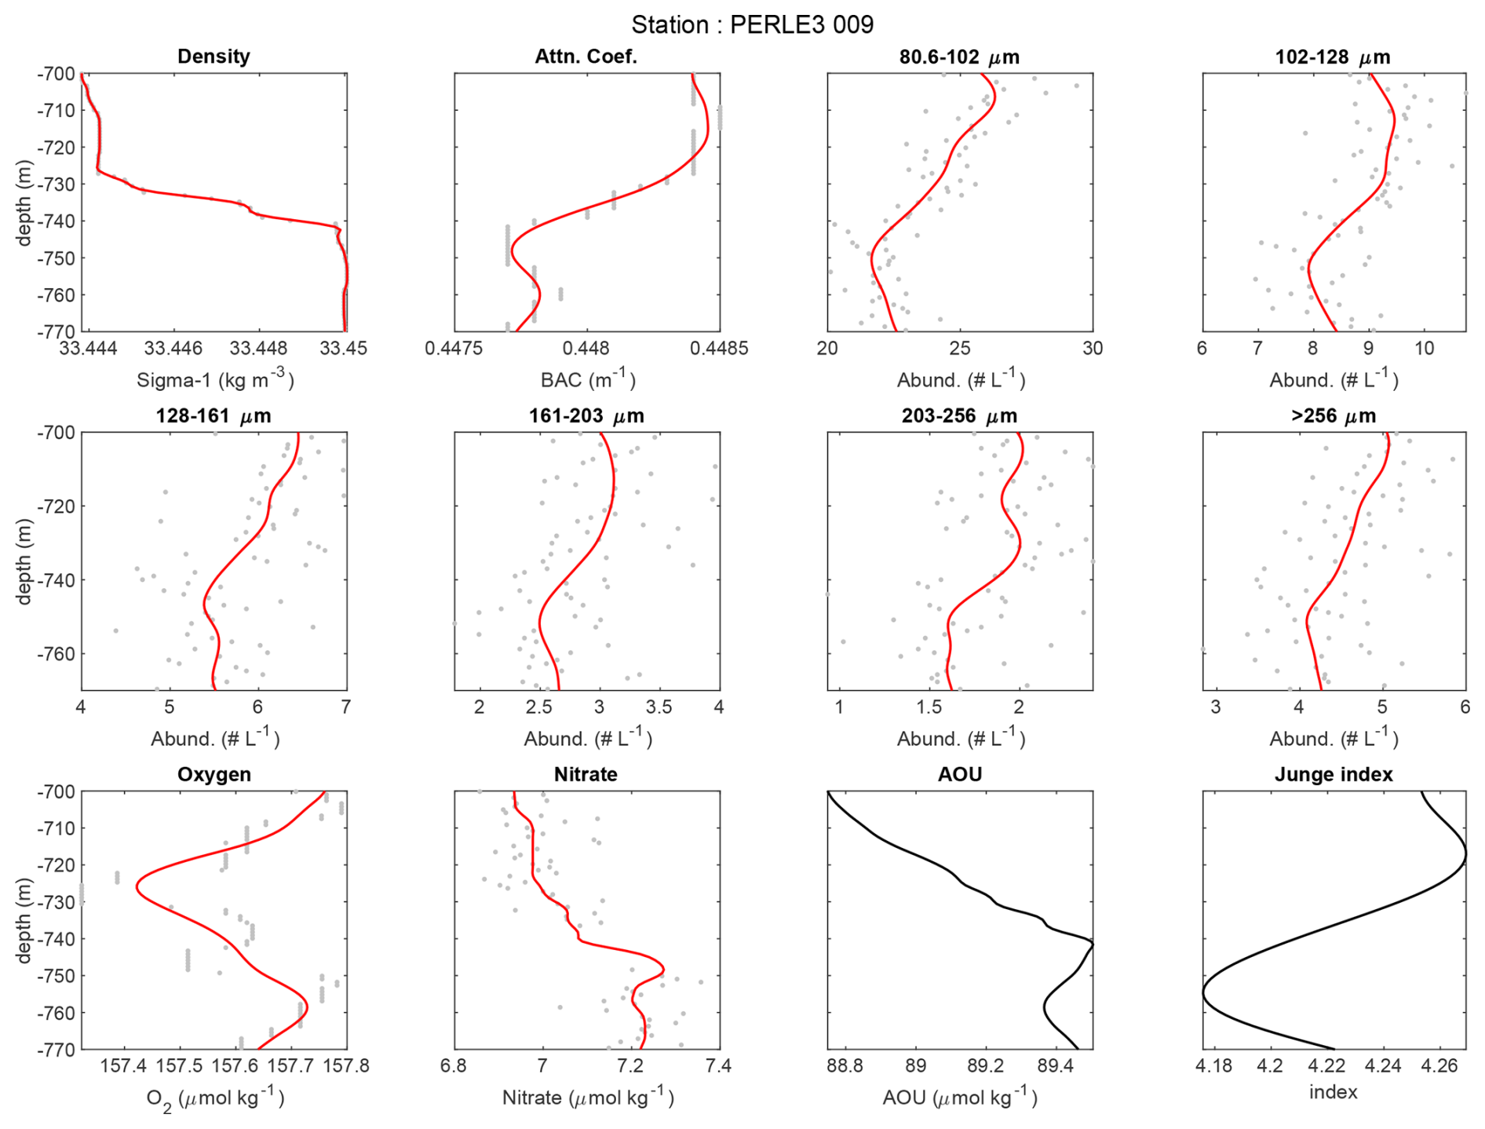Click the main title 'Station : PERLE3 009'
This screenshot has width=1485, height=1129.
752,25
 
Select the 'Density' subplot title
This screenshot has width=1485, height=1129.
213,57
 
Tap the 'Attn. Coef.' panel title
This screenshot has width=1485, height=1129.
586,57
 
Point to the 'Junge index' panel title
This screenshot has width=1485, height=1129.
1333,774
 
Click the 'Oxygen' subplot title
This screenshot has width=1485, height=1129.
213,774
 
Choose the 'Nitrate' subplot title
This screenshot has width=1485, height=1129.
586,774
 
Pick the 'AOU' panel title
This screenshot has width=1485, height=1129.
959,774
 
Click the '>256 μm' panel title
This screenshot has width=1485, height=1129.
1333,415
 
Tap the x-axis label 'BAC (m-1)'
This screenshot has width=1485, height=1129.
587,380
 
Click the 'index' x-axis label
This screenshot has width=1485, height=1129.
1333,1092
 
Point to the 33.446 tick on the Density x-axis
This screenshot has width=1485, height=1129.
174,349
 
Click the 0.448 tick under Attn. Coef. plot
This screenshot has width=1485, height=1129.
586,349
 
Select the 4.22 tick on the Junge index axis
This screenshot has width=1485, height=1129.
1326,1066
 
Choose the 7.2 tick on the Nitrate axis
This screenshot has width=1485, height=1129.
630,1066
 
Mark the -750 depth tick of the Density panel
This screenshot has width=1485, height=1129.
55,258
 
